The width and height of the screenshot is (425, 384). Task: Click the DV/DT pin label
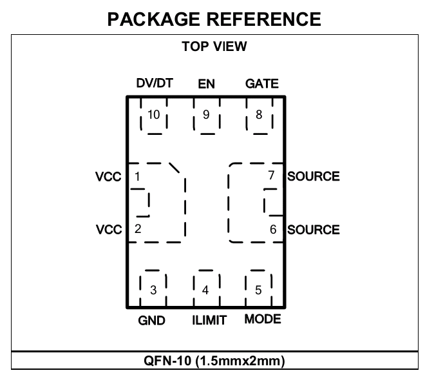click(x=155, y=83)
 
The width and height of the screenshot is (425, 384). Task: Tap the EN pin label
click(x=206, y=84)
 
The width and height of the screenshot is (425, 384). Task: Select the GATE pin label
click(x=262, y=84)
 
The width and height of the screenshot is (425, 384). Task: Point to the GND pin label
click(x=151, y=321)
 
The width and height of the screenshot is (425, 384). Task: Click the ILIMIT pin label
click(x=209, y=320)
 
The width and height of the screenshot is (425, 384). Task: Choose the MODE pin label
click(x=263, y=319)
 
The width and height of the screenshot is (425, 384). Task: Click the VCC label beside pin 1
click(x=108, y=177)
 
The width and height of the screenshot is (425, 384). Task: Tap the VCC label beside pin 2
click(x=109, y=230)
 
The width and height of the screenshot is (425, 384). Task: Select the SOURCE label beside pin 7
click(x=314, y=176)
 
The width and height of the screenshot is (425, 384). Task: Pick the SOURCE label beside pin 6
click(x=314, y=230)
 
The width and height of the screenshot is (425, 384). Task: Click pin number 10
click(x=153, y=115)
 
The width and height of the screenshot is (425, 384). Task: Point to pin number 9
click(x=206, y=115)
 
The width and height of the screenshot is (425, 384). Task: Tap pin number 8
click(x=259, y=115)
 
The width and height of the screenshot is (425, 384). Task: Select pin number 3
click(x=153, y=290)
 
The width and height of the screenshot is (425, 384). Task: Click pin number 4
click(x=205, y=290)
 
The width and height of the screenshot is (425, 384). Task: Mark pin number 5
click(x=258, y=290)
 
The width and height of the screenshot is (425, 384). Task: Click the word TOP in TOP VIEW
click(x=194, y=46)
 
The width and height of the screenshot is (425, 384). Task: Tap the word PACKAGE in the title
click(x=154, y=19)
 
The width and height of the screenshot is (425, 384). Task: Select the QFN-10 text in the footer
click(x=167, y=361)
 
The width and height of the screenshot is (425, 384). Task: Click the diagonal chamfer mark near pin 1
click(x=175, y=168)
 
